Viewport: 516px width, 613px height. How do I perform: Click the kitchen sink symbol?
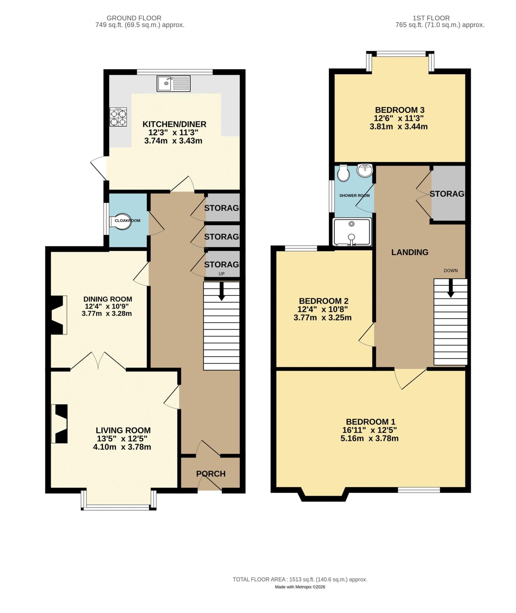coord(173,83)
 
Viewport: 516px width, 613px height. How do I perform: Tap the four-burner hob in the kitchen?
coord(118,117)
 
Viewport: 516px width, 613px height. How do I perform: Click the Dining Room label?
coord(107,299)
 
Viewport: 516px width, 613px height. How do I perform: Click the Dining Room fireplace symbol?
coord(58,315)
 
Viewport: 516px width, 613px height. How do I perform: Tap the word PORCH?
coord(211,474)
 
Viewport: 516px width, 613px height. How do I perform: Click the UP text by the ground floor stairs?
coord(221,274)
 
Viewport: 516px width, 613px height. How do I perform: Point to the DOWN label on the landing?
coord(451,270)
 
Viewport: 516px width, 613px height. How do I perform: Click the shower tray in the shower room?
coord(352,232)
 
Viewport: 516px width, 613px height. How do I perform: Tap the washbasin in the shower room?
coord(365,170)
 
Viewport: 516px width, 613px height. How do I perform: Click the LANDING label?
coord(410,252)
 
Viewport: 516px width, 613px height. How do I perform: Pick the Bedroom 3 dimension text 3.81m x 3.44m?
coord(398,126)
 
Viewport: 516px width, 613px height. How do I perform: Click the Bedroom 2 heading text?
coord(323,301)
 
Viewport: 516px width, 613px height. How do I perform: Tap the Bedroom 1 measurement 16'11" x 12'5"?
coord(369,430)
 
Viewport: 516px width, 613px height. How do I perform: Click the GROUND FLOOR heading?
coord(134,18)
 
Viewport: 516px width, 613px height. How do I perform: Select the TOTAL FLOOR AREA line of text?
coord(300,579)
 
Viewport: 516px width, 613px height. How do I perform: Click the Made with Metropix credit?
coord(300,587)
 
